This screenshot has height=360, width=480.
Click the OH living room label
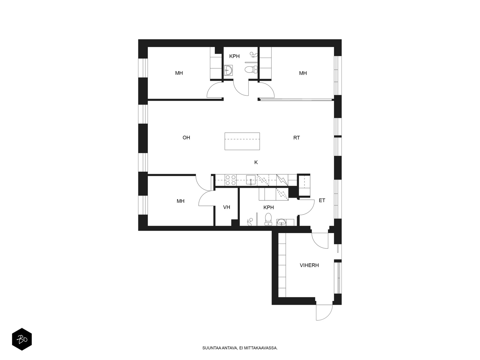pos(186,137)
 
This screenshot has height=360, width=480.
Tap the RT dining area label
pos(296,138)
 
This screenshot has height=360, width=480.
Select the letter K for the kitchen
pos(256,162)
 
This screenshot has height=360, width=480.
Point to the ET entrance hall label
pos(322,200)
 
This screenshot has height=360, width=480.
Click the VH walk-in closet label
pos(226,207)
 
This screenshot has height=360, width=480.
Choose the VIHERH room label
pos(309,265)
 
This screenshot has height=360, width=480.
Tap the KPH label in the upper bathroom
pos(234,56)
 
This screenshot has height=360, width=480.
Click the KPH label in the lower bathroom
pos(268,207)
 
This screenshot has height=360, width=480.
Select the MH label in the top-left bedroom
pos(179,73)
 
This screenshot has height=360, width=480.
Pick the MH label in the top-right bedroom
pos(303,73)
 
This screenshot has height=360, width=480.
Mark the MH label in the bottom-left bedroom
pos(180,201)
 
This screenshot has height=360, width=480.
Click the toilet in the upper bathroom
pos(251,70)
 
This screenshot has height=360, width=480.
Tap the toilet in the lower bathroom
pos(268,219)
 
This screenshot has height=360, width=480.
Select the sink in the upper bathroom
pos(229,70)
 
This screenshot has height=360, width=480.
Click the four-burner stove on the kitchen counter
pos(231,180)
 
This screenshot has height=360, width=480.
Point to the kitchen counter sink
pos(251,180)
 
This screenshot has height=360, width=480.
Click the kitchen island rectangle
pos(242,141)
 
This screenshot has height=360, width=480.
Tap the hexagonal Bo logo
pos(22,339)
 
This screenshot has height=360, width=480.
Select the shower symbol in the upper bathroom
pos(254,55)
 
